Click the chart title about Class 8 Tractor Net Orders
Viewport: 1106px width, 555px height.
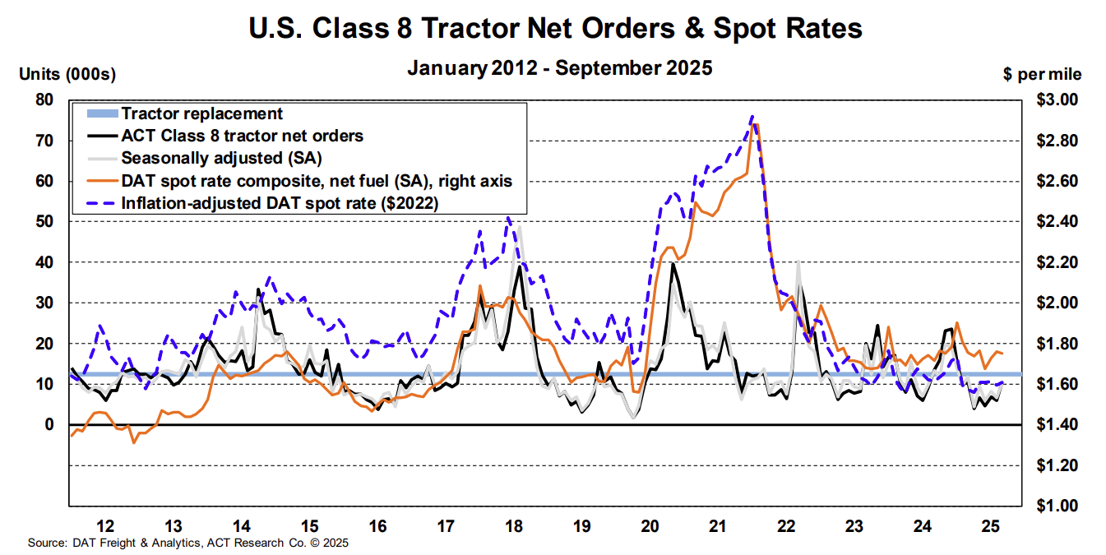coord(555,29)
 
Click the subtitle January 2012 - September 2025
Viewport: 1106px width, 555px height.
coord(559,68)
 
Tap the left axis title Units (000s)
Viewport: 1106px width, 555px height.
coord(67,75)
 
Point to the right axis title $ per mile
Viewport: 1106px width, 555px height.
coord(1043,75)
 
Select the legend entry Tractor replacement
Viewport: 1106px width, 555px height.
coord(201,114)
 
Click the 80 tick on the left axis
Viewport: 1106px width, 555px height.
coord(44,99)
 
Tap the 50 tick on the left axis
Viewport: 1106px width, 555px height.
coord(44,221)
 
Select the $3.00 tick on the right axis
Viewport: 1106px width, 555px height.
coord(1055,99)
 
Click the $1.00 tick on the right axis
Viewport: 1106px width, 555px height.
coord(1055,506)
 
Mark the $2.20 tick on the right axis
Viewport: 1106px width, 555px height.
coord(1055,262)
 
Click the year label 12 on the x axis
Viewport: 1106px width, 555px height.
coord(105,525)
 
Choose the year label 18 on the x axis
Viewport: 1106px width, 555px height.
coord(515,525)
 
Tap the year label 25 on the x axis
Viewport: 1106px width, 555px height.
coord(991,525)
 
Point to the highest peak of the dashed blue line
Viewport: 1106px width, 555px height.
coord(752,117)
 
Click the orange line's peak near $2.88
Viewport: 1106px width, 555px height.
coord(756,124)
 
